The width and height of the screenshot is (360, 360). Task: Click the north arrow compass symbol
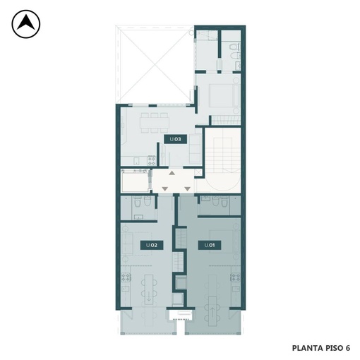click(x=26, y=24)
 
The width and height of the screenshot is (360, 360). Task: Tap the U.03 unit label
click(x=176, y=139)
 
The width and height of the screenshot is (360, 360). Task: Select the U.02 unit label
click(x=152, y=245)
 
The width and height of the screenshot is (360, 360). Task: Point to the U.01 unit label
click(x=210, y=245)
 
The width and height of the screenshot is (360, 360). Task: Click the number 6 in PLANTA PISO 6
click(x=348, y=348)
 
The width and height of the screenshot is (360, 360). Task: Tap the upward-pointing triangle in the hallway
click(x=172, y=173)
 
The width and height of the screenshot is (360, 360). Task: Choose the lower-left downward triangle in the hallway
click(x=165, y=188)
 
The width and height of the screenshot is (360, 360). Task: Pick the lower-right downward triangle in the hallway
click(x=187, y=188)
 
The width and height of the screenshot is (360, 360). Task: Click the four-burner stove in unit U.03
click(x=152, y=160)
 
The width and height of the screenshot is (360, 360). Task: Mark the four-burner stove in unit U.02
click(x=126, y=277)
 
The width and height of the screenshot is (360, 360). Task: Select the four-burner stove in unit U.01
click(x=235, y=277)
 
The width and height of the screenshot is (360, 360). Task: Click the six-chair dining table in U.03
click(x=155, y=123)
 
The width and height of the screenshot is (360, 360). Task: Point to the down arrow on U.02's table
click(x=149, y=297)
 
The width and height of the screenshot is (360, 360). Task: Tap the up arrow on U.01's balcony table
click(x=212, y=312)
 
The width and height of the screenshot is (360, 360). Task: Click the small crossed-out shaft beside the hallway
click(x=198, y=173)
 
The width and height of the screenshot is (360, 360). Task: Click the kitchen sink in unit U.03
click(x=136, y=161)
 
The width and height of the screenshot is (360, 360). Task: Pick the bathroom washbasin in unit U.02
click(x=138, y=217)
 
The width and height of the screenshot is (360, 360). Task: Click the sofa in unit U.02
click(x=127, y=244)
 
